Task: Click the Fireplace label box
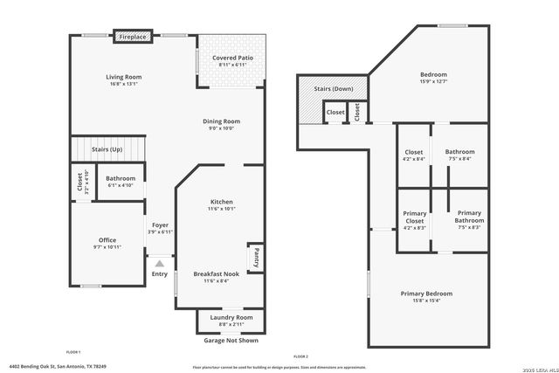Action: point(134,37)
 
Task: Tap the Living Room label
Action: point(124,77)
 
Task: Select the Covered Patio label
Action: point(233,58)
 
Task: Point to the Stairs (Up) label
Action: point(107,150)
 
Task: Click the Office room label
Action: point(107,240)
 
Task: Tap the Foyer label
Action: point(160,225)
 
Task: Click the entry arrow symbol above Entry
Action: point(160,262)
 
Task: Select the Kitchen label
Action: point(220,202)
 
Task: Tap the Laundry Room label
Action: point(231,317)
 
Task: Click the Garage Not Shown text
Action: point(231,341)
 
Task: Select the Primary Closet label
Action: point(414,218)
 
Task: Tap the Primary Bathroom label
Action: point(469,218)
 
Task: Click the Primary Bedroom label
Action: point(427,294)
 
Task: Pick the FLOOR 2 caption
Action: point(300,357)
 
